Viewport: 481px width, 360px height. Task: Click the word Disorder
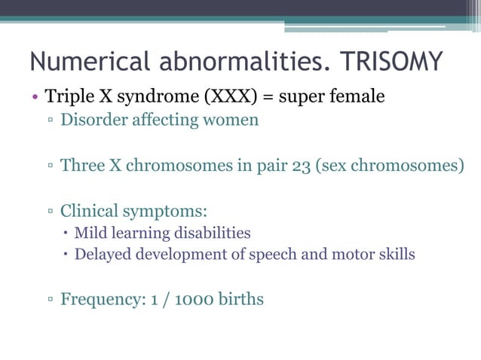click(x=92, y=120)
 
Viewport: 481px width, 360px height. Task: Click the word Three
click(x=83, y=165)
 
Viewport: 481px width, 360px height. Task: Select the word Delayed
click(x=101, y=255)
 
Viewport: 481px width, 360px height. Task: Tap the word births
click(x=241, y=299)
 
